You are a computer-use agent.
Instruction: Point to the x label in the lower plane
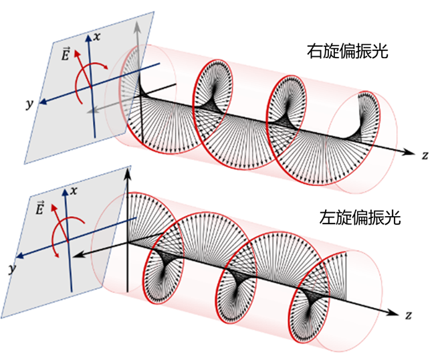(x=74, y=191)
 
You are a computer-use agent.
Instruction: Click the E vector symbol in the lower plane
(x=40, y=209)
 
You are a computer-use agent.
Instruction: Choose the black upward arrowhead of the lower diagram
(x=127, y=174)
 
